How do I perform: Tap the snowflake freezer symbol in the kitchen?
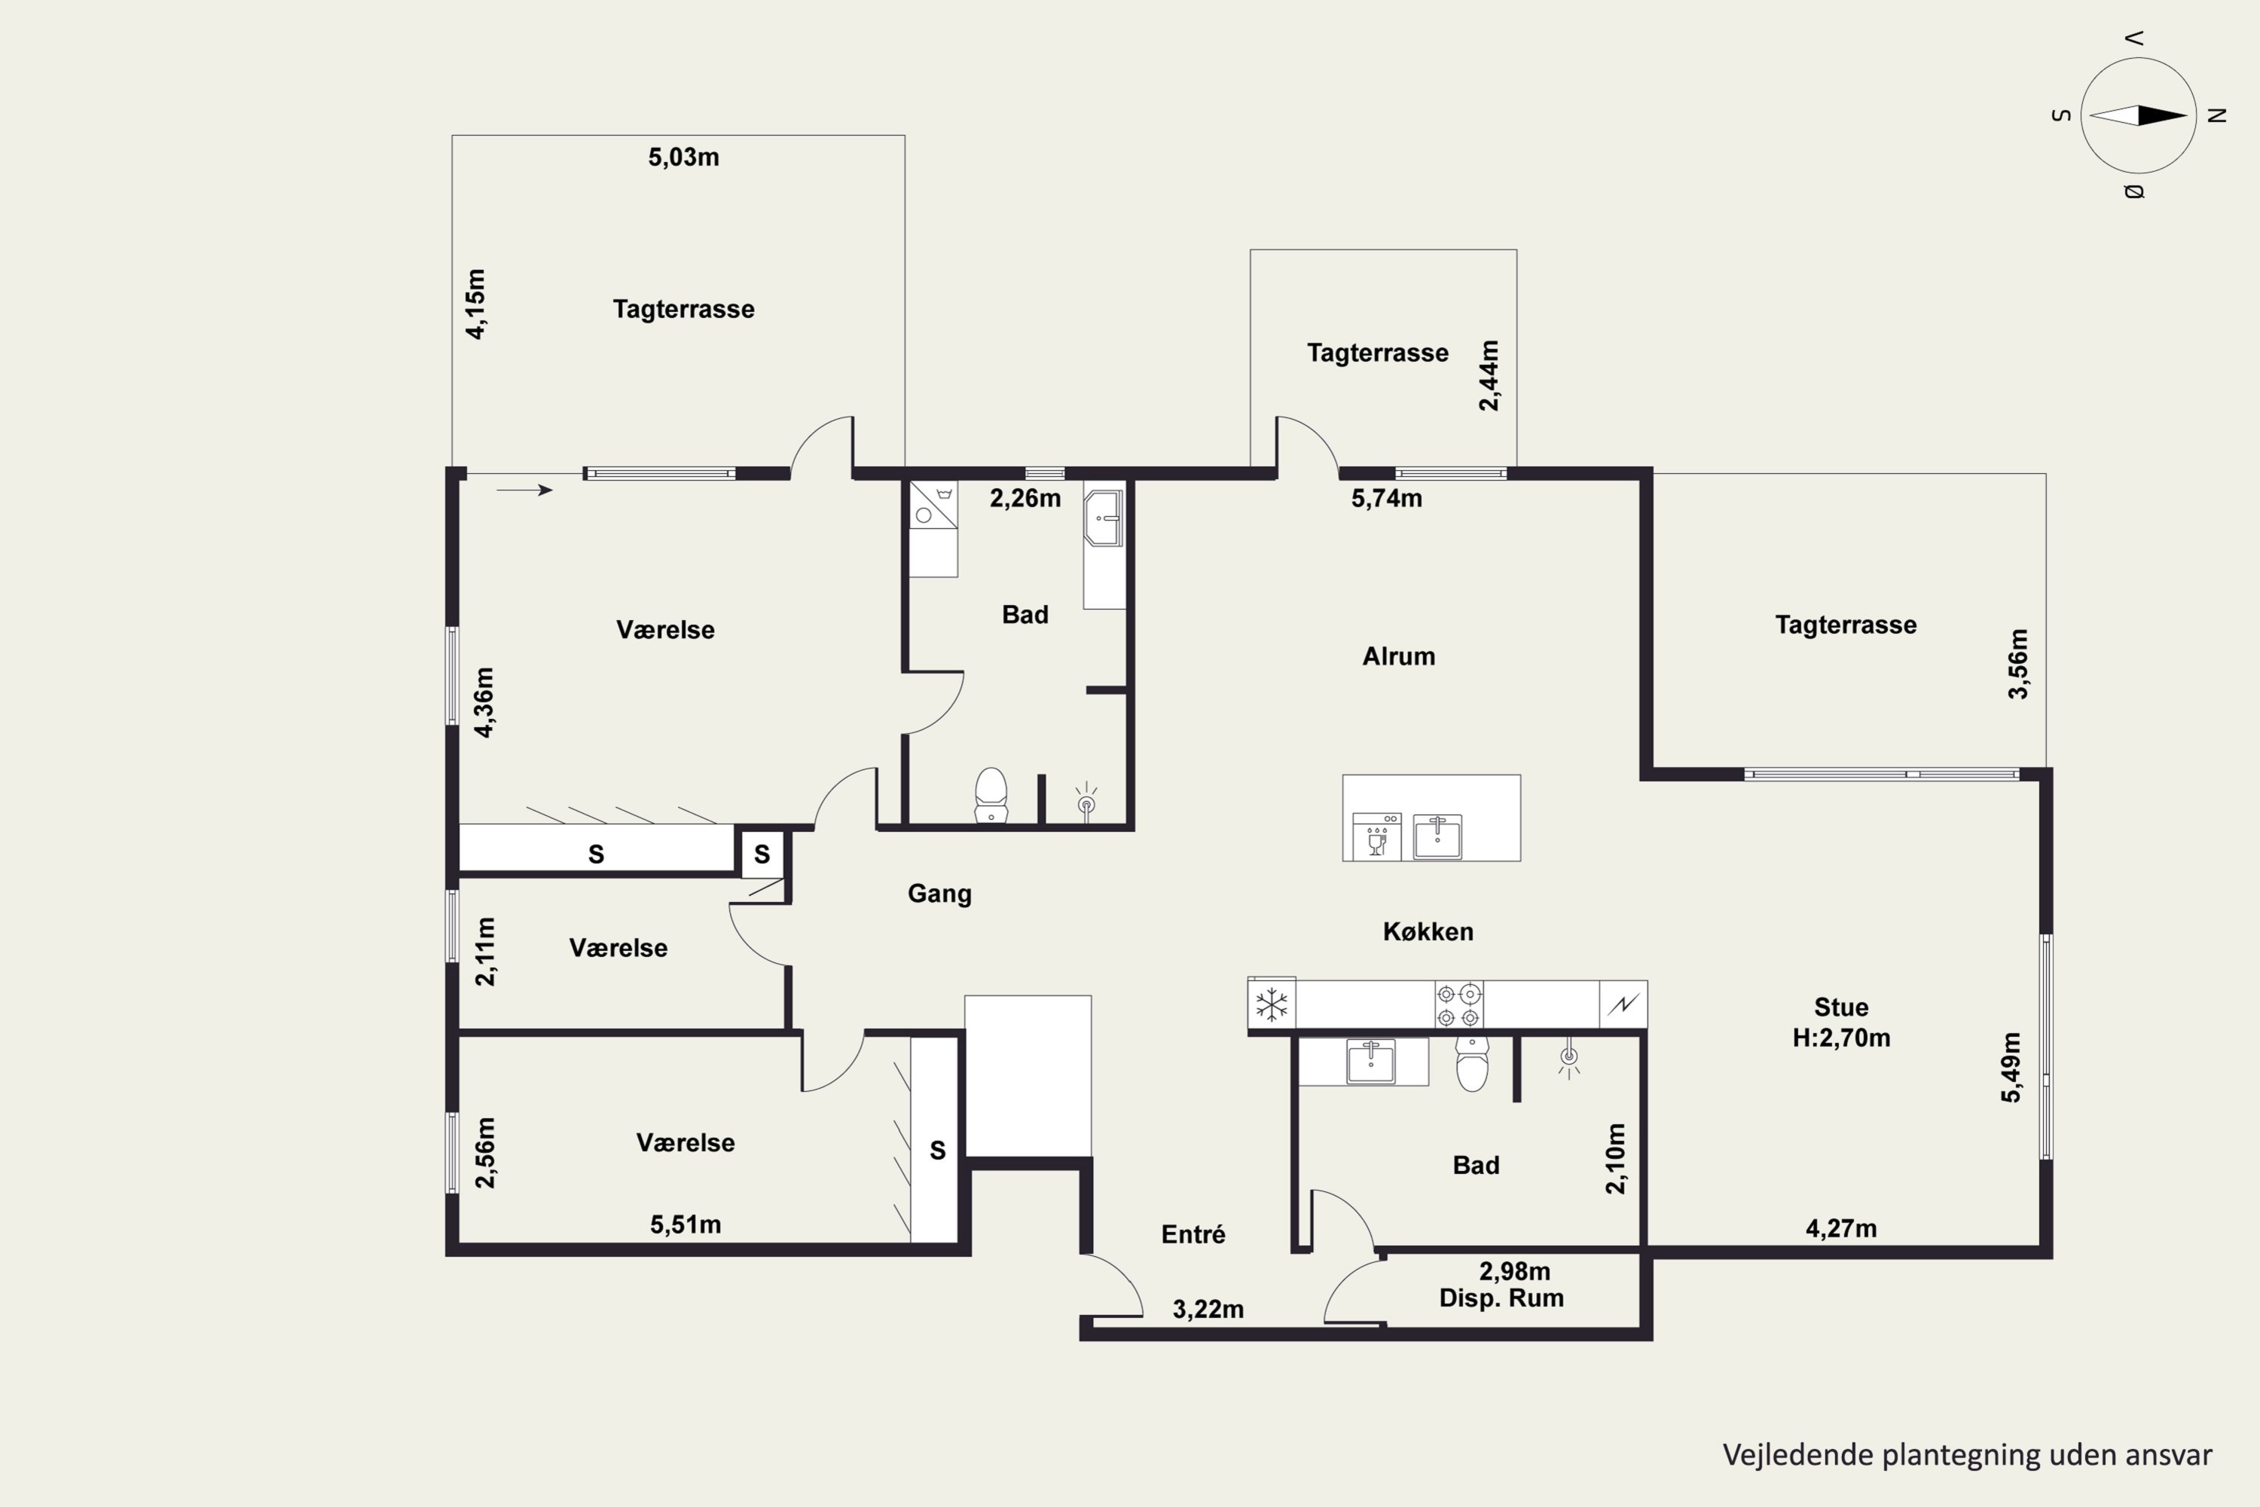1272,1005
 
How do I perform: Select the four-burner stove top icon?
1458,1004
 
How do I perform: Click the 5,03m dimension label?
683,157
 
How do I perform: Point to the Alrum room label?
1398,656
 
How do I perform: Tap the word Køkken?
1428,931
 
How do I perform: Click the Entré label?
1193,1234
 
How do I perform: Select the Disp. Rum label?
1501,1298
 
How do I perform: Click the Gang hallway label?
939,894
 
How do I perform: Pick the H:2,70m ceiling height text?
1841,1038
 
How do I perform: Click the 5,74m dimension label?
1387,498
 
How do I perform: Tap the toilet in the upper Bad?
991,795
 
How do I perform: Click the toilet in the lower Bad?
1472,1063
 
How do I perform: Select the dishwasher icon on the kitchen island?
1376,835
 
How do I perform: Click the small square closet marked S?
762,854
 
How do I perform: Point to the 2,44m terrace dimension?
1489,376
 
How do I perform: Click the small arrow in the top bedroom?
524,491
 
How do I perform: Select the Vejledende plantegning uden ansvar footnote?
1967,1455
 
